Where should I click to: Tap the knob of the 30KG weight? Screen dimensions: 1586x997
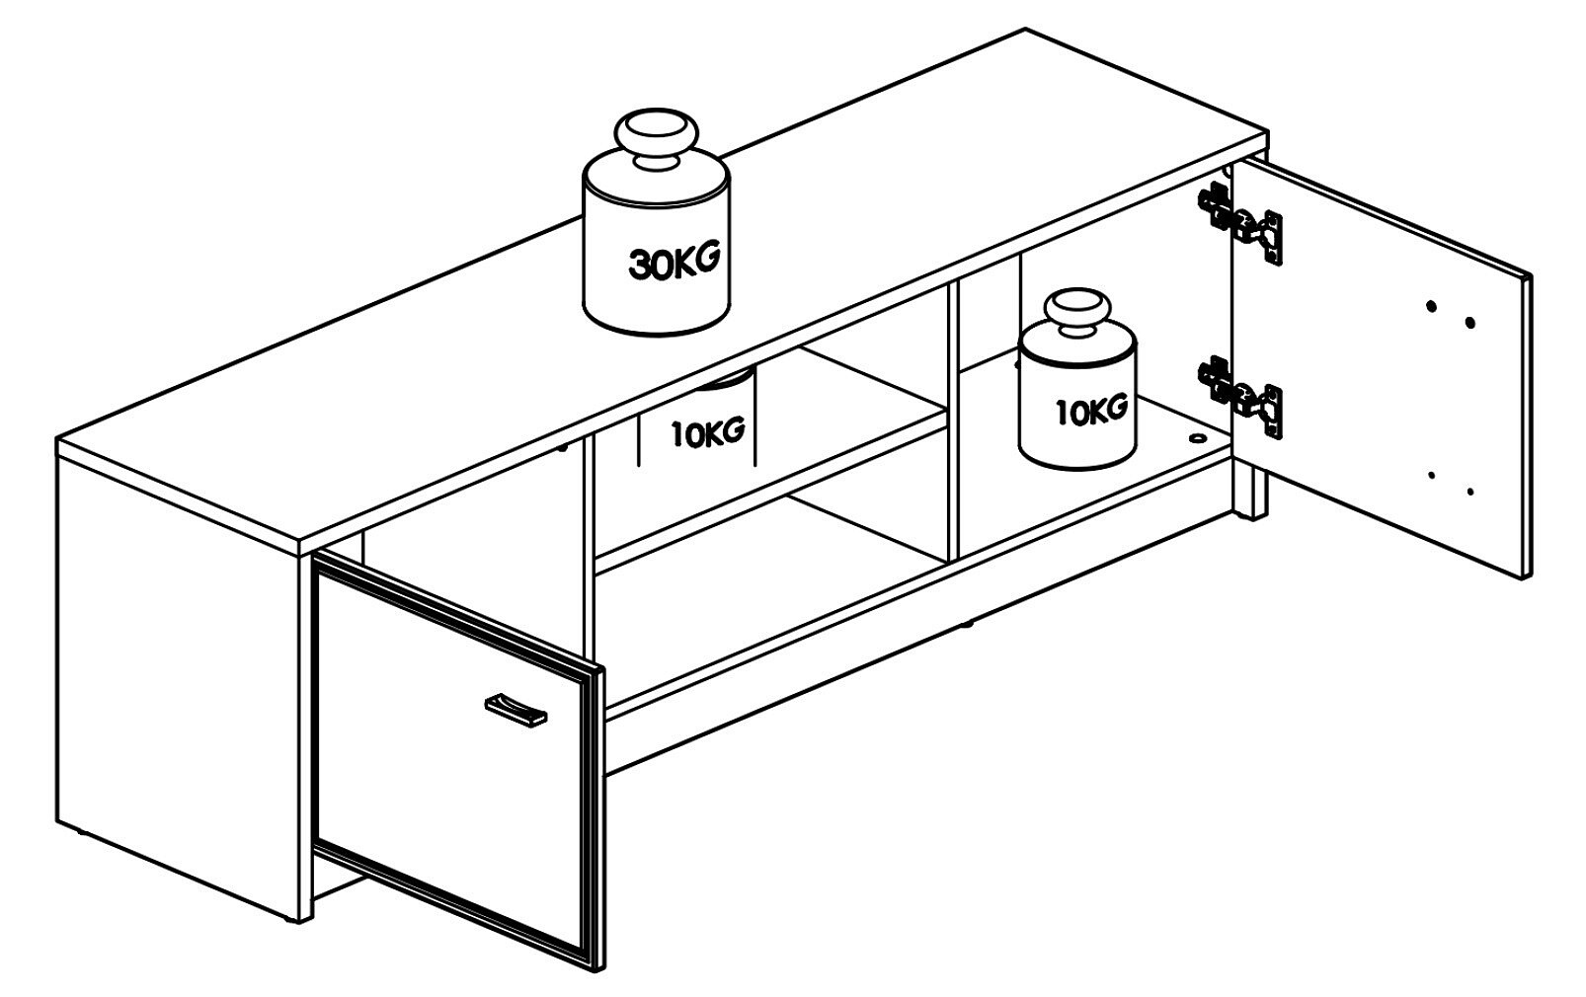(x=657, y=139)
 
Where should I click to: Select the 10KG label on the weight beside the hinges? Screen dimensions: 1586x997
(x=1091, y=411)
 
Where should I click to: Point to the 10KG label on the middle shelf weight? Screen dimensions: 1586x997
(x=707, y=432)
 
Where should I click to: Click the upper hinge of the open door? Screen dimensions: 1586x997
(x=1239, y=222)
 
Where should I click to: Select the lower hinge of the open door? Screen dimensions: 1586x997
(x=1240, y=396)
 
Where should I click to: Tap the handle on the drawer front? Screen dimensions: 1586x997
(x=515, y=709)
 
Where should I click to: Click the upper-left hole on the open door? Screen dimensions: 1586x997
(x=1432, y=306)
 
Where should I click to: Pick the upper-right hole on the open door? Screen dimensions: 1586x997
(x=1470, y=323)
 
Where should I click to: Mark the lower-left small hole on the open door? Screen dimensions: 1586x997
(x=1432, y=475)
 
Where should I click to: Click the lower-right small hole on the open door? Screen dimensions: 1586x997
(x=1470, y=491)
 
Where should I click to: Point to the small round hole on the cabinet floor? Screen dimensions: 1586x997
(x=1197, y=438)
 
